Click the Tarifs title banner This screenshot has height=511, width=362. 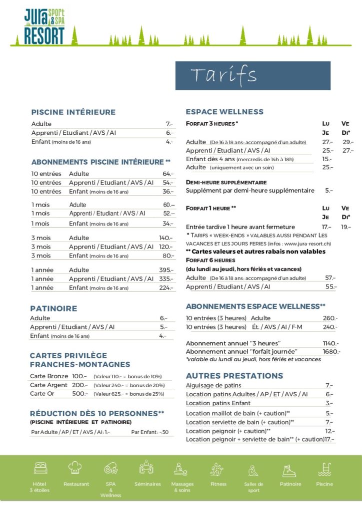tap(252, 75)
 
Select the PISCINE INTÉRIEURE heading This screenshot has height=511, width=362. tap(73, 112)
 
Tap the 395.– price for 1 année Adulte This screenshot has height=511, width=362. tap(166, 270)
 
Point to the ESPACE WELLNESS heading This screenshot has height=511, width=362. tap(224, 112)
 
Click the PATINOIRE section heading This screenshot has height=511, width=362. tap(53, 308)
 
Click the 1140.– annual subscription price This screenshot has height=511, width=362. tap(330, 343)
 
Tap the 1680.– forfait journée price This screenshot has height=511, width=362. tap(331, 351)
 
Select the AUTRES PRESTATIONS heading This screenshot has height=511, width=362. tap(234, 376)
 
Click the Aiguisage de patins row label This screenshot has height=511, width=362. tap(213, 385)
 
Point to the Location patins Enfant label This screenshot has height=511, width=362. tap(218, 403)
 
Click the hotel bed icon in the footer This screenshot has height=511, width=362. tap(41, 468)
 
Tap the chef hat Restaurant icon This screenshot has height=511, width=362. tap(75, 468)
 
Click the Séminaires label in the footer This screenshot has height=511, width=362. tap(147, 484)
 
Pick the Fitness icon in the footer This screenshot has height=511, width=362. tap(217, 469)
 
